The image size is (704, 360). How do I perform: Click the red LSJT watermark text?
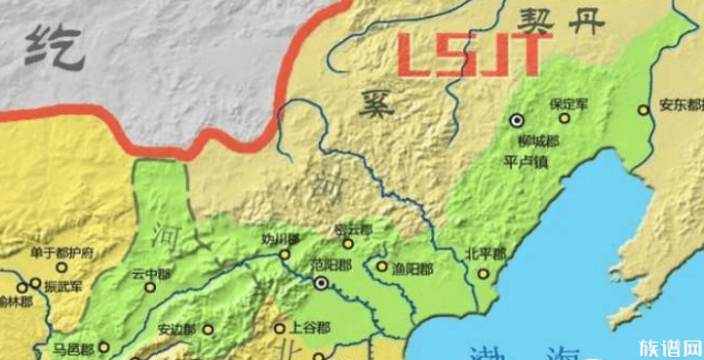pyautogui.click(x=476, y=55)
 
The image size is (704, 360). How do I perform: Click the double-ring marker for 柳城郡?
pyautogui.click(x=517, y=121)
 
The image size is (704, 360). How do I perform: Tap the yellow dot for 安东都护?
pyautogui.click(x=644, y=109)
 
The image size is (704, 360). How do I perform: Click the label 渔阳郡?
pyautogui.click(x=402, y=264)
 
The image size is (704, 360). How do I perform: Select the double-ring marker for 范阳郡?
pyautogui.click(x=321, y=283)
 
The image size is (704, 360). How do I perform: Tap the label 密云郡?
pyautogui.click(x=353, y=229)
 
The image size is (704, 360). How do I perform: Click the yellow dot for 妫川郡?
pyautogui.click(x=285, y=254)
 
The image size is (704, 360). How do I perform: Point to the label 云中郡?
pyautogui.click(x=149, y=274)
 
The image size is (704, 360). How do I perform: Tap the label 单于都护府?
pyautogui.click(x=61, y=252)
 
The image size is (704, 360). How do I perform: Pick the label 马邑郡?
pyautogui.click(x=73, y=348)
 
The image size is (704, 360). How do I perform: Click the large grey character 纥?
pyautogui.click(x=50, y=45)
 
